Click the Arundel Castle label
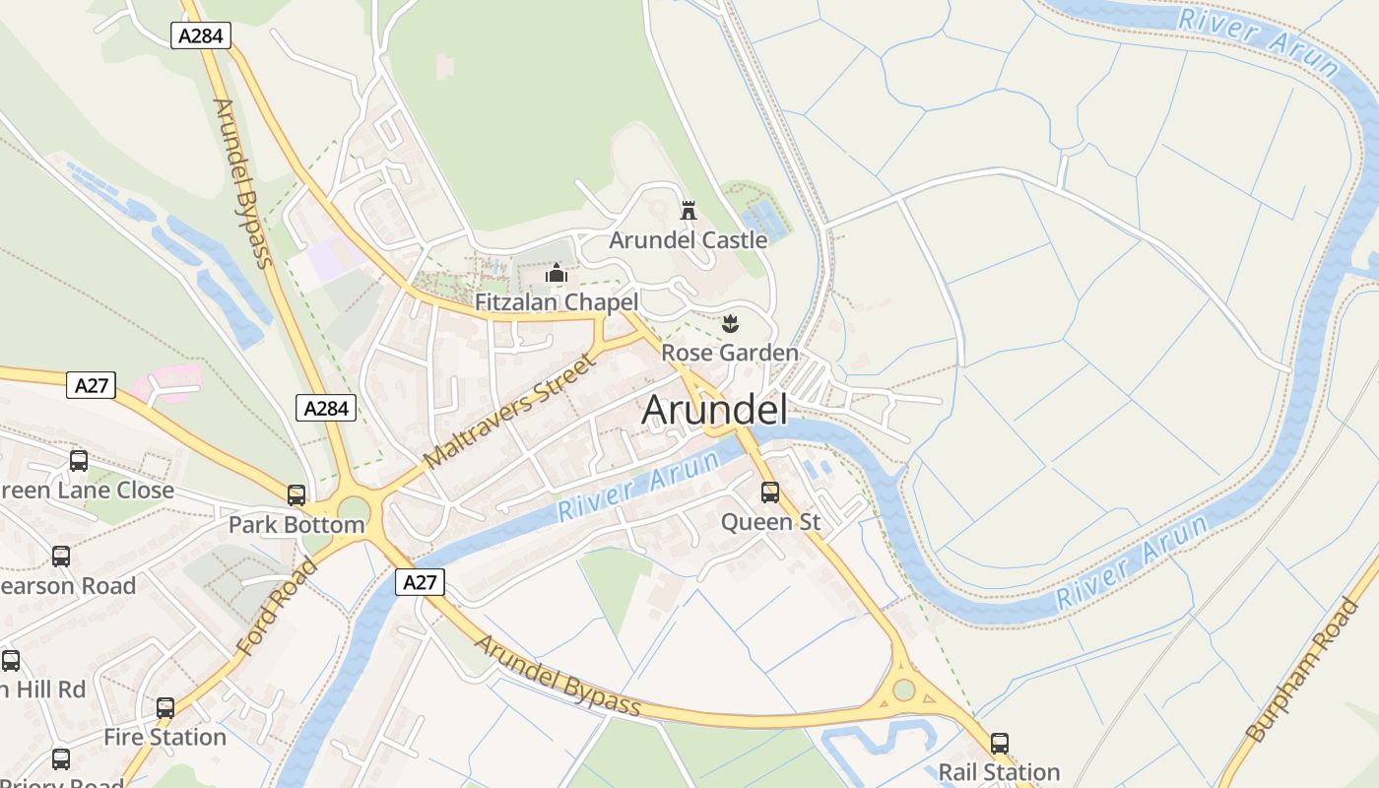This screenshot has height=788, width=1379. click(688, 239)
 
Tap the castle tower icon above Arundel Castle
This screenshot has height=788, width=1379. click(689, 210)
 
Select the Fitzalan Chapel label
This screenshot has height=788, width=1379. click(557, 302)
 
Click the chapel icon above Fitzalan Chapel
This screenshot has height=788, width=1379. click(557, 273)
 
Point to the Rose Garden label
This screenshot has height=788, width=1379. click(729, 353)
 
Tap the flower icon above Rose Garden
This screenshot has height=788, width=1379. click(730, 322)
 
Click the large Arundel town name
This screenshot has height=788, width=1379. click(714, 410)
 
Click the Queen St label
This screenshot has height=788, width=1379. click(770, 522)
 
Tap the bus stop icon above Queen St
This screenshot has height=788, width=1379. click(770, 492)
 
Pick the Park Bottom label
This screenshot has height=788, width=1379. click(296, 525)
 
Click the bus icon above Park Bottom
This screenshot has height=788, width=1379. click(296, 494)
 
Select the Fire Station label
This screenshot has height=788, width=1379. click(164, 737)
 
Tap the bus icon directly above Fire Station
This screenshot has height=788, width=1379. click(165, 707)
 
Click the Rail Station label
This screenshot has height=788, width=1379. click(999, 771)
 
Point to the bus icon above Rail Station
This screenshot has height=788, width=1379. click(1000, 743)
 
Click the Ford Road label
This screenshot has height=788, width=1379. click(278, 606)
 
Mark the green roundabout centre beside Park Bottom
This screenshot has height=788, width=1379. click(353, 511)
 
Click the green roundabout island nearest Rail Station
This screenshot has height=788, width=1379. click(903, 689)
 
